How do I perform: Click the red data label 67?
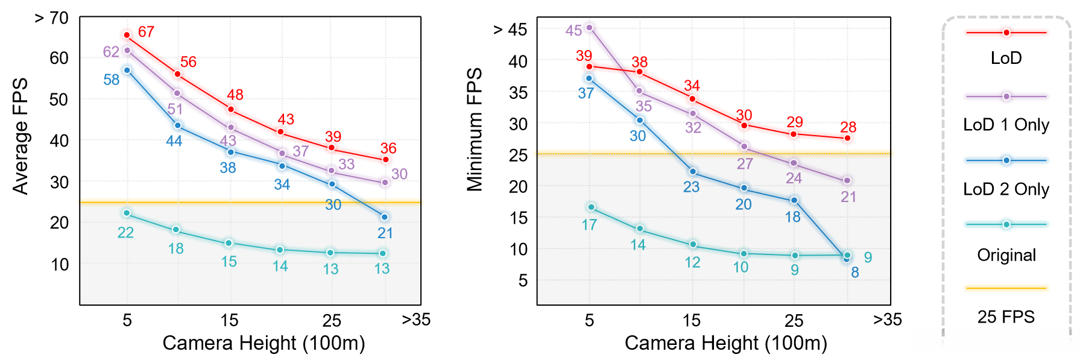coord(146,32)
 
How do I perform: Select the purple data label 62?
coord(111,52)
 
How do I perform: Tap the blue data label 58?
coord(112,80)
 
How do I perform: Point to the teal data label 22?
coord(125,233)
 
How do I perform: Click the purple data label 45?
coord(573,31)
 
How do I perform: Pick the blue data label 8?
coord(855,273)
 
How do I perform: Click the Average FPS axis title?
coord(21,136)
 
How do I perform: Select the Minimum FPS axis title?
coord(475,130)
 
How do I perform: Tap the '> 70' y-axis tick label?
coord(52,18)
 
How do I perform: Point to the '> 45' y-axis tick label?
coord(510,30)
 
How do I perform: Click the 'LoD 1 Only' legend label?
coord(1006,125)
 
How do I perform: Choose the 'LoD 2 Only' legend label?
coord(1006,189)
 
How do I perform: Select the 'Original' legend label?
coord(1006,255)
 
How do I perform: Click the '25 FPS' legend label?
coord(1006,317)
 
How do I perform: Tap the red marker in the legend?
coord(1006,33)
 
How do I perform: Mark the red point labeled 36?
coord(386,160)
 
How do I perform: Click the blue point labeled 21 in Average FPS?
coord(385,217)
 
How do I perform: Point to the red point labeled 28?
coord(847,138)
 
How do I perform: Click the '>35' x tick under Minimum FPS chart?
coord(888,320)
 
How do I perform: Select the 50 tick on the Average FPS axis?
coord(59,99)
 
